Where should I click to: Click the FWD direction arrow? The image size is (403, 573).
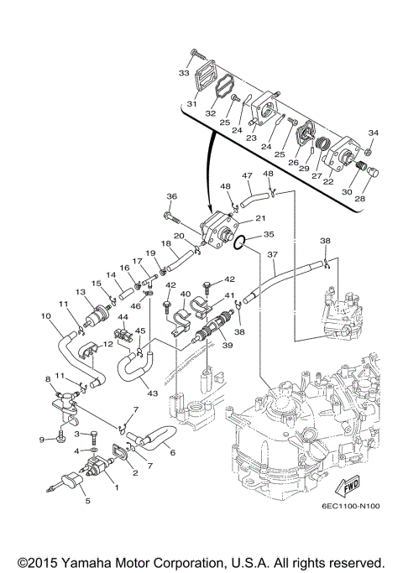click(347, 485)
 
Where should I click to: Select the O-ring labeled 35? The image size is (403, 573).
click(239, 243)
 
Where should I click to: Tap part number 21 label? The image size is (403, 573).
click(261, 218)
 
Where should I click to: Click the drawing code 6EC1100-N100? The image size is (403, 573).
click(351, 506)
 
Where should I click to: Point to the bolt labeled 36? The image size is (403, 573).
click(173, 218)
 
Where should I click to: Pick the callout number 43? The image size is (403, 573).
click(153, 393)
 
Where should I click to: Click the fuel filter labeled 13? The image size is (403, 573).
click(97, 315)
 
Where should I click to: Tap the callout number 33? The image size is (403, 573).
click(184, 73)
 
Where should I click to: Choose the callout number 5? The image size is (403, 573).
click(88, 501)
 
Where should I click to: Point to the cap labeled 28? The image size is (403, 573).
click(373, 172)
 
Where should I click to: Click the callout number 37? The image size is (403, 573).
click(273, 255)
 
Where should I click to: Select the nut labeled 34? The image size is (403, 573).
click(369, 151)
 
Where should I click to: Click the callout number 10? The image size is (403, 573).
click(46, 315)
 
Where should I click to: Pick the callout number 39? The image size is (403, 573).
click(228, 345)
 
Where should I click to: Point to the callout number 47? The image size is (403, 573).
click(247, 175)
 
